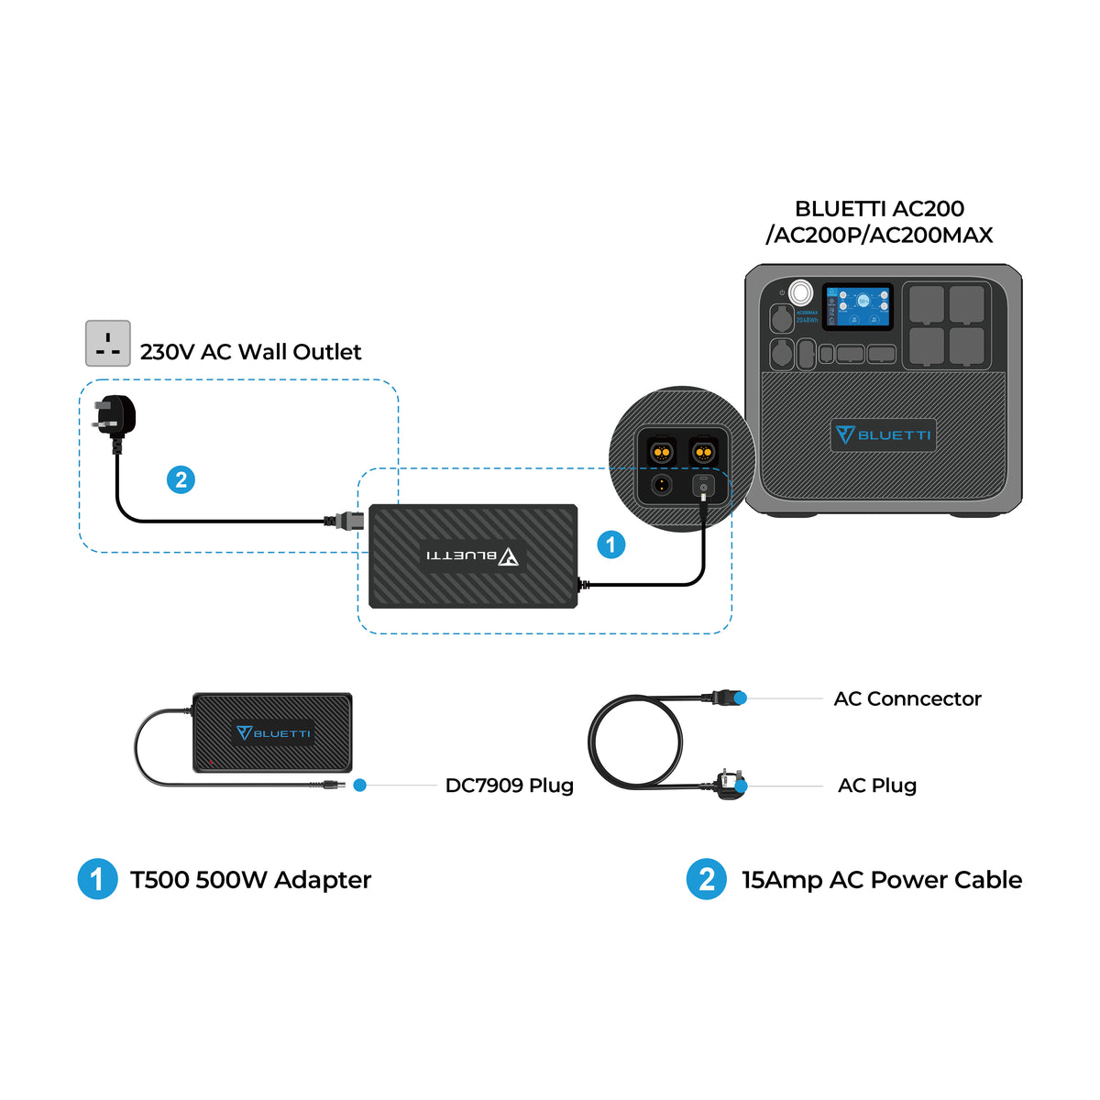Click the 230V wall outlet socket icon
point(108,344)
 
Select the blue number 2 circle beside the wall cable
point(181,479)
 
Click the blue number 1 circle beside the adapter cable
point(611,544)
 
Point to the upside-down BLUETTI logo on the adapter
point(472,555)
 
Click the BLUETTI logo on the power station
point(884,434)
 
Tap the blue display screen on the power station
point(857,305)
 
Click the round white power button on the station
point(800,293)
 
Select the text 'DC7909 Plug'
point(509,786)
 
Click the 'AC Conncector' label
point(907,698)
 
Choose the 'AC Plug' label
point(876,786)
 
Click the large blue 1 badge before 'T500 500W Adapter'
point(97,879)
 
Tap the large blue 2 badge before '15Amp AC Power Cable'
point(706,879)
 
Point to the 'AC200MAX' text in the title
point(930,236)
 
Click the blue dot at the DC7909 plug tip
point(360,786)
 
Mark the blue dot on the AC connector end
point(741,698)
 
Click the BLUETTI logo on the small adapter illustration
point(273,732)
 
